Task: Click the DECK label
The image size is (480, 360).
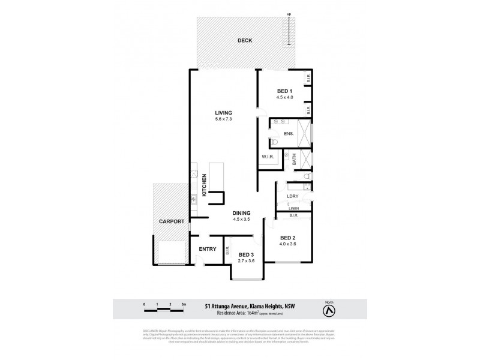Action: [244, 41]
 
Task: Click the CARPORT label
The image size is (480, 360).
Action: [170, 221]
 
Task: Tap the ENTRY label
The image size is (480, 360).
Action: [207, 250]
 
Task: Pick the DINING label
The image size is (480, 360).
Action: [241, 212]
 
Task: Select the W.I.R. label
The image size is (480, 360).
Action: [268, 157]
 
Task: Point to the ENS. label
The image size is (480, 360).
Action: [289, 133]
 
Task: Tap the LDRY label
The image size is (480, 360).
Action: [293, 196]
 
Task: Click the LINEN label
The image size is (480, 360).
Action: [294, 208]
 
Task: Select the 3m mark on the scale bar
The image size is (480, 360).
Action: [184, 305]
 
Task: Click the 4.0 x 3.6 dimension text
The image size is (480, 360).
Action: [288, 244]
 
